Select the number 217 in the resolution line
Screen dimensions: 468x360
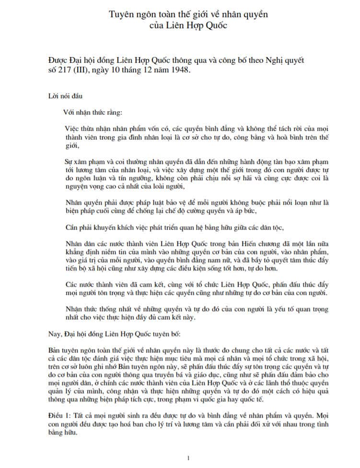(67, 70)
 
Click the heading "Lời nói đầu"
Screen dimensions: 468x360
(65, 95)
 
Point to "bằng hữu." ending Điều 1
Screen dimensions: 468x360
(64, 431)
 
